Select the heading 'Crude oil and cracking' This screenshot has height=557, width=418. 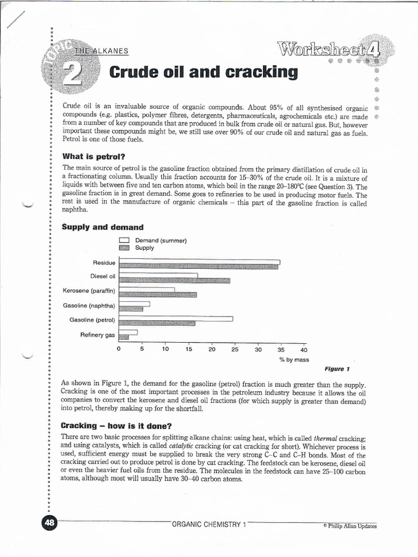pos(204,72)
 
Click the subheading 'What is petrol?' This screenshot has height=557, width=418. pos(94,157)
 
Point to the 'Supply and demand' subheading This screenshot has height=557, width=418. pos(102,227)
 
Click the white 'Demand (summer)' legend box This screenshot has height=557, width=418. pos(124,240)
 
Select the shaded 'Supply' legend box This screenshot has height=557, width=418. pos(124,247)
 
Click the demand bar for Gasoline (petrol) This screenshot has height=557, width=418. pos(176,319)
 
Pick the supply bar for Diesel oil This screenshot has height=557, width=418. pos(174,281)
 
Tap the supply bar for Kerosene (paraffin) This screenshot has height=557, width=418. pos(158,295)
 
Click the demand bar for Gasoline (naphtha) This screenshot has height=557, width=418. pos(134,304)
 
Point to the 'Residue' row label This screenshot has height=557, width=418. pos(104,263)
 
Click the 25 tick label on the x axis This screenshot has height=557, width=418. pos(235,349)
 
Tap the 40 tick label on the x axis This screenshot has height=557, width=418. pos(304,350)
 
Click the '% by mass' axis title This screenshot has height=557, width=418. pos(294,360)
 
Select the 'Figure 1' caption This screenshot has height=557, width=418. pos(337,369)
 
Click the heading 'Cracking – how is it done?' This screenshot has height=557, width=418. pos(116,425)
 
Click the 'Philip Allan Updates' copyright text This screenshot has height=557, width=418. pos(349,526)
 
